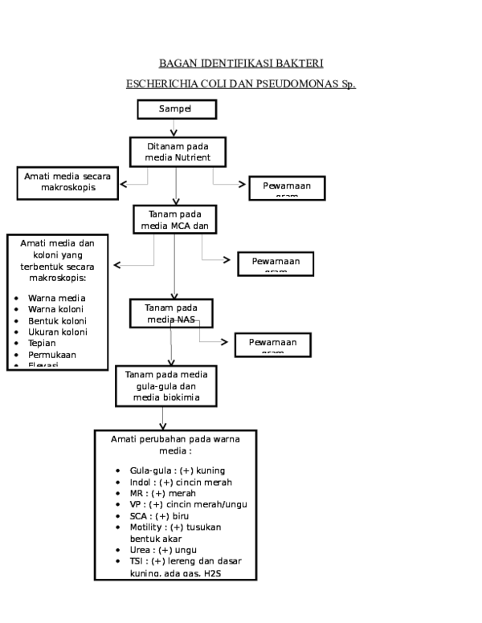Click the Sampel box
[x=177, y=109]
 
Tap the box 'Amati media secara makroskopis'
[x=67, y=182]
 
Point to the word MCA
[x=180, y=226]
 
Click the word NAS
[x=186, y=320]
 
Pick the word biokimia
[x=191, y=397]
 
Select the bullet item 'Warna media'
[x=56, y=298]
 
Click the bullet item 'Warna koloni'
[x=55, y=309]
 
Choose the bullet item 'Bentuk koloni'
[x=57, y=320]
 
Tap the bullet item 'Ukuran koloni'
[x=57, y=332]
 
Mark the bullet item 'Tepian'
[x=42, y=343]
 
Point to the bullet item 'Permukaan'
[x=52, y=354]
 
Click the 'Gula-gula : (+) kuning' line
[x=177, y=470]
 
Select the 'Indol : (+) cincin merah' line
[x=181, y=482]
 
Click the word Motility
[x=146, y=527]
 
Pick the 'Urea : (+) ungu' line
[x=162, y=550]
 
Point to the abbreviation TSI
[x=137, y=561]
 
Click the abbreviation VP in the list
[x=136, y=504]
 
